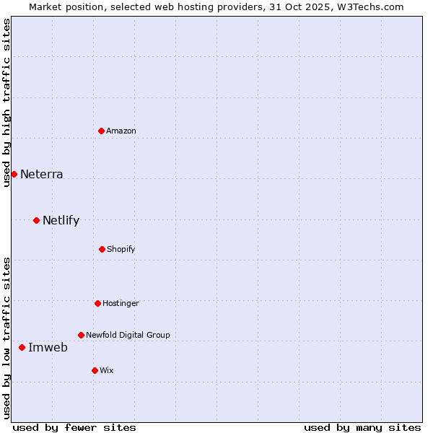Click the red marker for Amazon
[x=102, y=131]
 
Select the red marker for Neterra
[x=14, y=174]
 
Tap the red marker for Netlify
[x=36, y=220]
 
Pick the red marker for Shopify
[x=102, y=249]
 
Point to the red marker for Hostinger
[x=97, y=303]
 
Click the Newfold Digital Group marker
[x=81, y=335]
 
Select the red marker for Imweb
[x=22, y=347]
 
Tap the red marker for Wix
[x=95, y=370]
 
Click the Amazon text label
[x=121, y=131]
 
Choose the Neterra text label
[x=42, y=174]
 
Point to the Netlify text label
[x=61, y=220]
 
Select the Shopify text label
[x=121, y=249]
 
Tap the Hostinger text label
[x=121, y=303]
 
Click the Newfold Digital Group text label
[x=128, y=335]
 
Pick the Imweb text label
[x=48, y=347]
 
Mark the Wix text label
[x=107, y=370]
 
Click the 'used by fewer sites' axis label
[x=74, y=427]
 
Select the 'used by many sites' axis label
[x=362, y=427]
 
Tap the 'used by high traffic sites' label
[x=6, y=102]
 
